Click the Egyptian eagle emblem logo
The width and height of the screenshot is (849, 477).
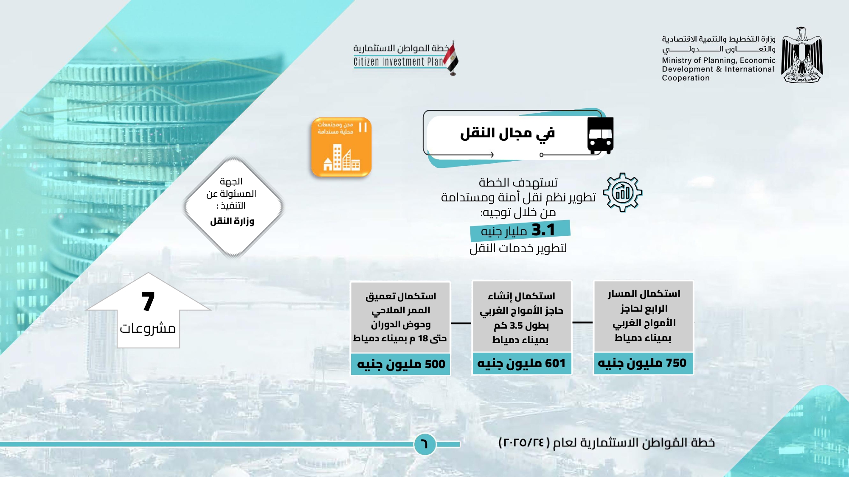point(802,55)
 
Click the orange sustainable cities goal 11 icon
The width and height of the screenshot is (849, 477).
point(341,147)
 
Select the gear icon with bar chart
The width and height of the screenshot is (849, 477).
point(622,192)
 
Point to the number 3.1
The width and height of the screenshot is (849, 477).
point(543,230)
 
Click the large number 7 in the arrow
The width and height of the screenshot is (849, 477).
point(148,301)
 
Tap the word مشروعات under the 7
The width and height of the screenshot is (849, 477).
point(148,328)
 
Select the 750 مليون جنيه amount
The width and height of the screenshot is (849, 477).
point(642,363)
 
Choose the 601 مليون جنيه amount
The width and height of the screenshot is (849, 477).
point(521,363)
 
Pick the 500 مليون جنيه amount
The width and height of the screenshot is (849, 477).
point(401,364)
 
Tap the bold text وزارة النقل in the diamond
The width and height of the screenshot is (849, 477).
point(232,221)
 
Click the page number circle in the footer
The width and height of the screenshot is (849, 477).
point(424,444)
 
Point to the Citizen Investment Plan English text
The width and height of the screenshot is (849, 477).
point(398,62)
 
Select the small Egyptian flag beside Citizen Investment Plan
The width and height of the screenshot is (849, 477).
point(451,58)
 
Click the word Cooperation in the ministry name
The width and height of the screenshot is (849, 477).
point(686,78)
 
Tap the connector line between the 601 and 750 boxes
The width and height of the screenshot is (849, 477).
point(582,322)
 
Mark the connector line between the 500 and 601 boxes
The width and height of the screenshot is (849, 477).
point(461,323)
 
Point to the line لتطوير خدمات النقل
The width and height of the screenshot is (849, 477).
point(518,248)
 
